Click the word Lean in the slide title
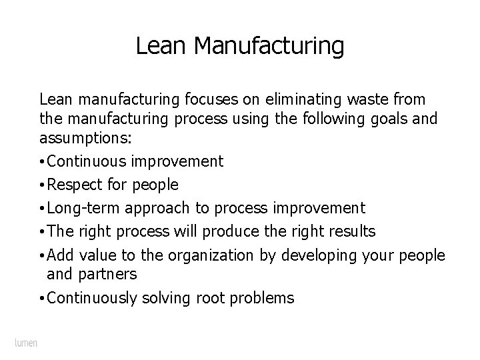156,46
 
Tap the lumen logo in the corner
26,343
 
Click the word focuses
200,100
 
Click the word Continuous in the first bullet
89,161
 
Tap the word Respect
73,185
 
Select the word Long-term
80,208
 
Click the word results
350,231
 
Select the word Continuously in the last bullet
93,297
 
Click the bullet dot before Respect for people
42,185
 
